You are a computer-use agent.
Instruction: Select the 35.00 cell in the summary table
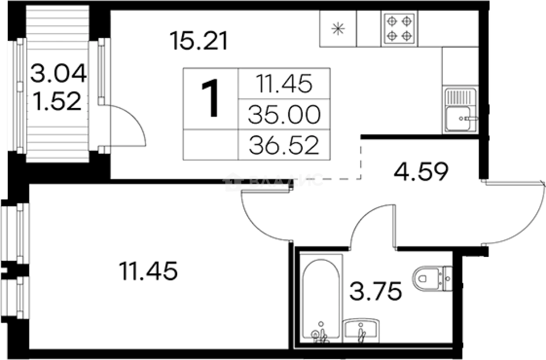[284, 115]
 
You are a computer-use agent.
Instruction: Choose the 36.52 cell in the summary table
[284, 145]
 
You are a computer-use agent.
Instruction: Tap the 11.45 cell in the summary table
[284, 84]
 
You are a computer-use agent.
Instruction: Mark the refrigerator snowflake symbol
[337, 28]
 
